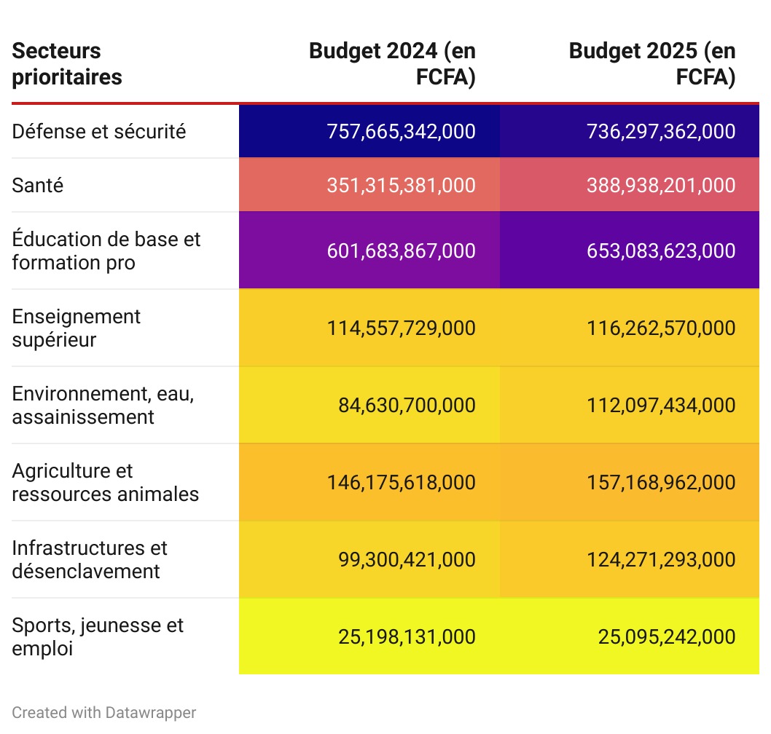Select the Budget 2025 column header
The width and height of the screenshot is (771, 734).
(651, 64)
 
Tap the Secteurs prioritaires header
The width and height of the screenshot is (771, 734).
(67, 64)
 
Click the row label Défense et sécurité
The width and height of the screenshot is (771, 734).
(99, 131)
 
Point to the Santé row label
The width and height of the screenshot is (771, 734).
(38, 185)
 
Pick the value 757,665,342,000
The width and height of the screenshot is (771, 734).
(401, 131)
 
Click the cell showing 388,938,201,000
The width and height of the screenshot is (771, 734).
(661, 185)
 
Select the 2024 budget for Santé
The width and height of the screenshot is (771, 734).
(401, 185)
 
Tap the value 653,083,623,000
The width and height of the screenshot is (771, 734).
(661, 250)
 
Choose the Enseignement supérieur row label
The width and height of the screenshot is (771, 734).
(77, 328)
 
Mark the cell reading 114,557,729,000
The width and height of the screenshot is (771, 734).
(401, 328)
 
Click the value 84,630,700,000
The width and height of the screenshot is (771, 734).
(407, 405)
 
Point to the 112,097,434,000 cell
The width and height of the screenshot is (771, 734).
(661, 405)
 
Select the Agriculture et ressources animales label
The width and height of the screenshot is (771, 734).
(105, 482)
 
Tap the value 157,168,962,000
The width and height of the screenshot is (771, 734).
(661, 482)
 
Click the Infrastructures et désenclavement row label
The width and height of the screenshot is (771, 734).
(90, 559)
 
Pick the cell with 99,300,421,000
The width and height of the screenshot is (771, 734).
(407, 559)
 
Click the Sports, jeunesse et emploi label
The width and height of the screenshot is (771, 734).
(98, 636)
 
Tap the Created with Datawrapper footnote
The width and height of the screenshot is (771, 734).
(104, 712)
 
